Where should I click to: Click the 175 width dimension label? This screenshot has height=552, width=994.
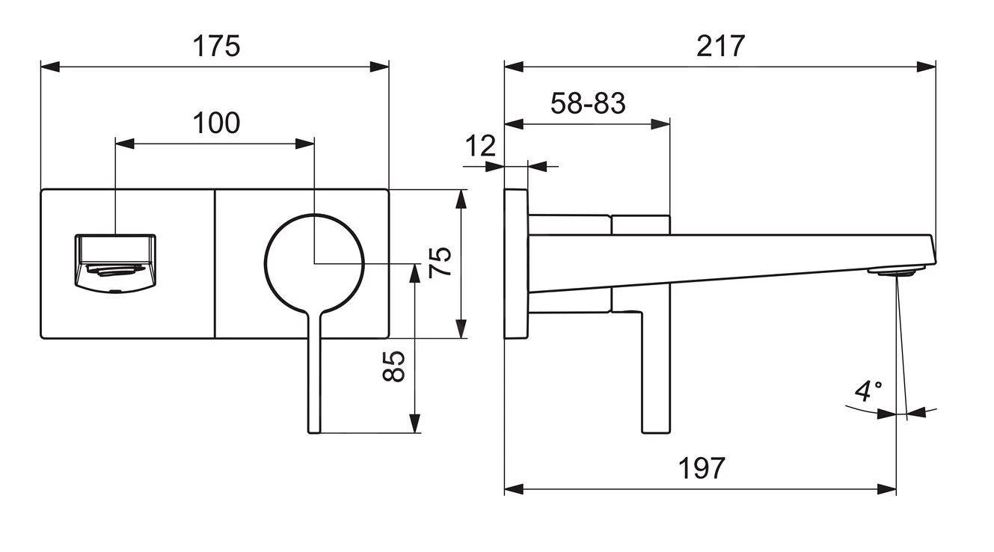(x=216, y=46)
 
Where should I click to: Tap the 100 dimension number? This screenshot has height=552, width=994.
(x=216, y=123)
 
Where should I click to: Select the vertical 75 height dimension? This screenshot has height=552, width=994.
(x=441, y=263)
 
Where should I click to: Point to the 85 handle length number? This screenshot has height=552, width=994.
(x=393, y=366)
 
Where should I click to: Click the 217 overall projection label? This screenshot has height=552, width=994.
(x=720, y=46)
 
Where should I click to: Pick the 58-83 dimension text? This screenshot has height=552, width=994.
(x=588, y=103)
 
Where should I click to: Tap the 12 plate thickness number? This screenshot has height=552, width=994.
(x=480, y=146)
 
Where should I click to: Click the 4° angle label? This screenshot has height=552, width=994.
(x=868, y=391)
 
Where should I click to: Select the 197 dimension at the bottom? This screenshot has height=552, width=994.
(x=702, y=467)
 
